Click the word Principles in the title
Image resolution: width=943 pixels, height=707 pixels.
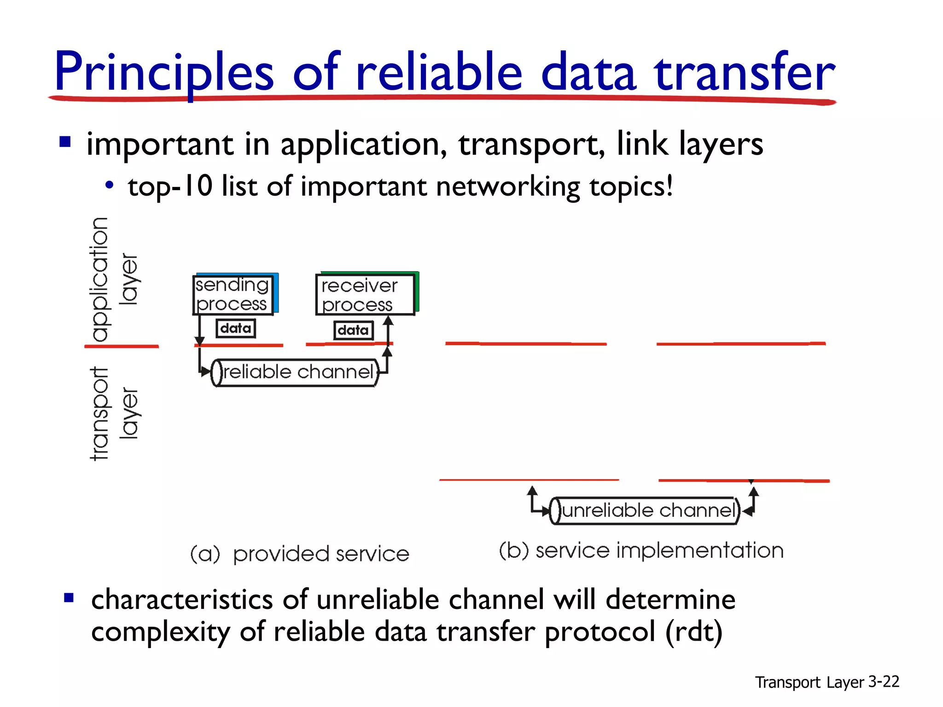(x=164, y=73)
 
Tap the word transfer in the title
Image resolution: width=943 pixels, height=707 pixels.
(x=744, y=73)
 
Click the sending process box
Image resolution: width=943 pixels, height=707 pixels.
(x=233, y=295)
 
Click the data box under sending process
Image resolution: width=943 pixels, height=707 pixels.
(x=236, y=329)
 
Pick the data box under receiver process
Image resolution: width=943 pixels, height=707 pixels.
(x=353, y=330)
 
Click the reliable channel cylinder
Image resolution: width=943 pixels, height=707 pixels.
(x=295, y=372)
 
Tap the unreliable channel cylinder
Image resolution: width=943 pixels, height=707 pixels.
(x=645, y=510)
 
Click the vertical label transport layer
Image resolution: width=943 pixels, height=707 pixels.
(x=113, y=413)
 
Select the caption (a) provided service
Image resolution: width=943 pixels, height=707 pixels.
(x=299, y=554)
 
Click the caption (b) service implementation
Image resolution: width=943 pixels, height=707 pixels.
(x=641, y=551)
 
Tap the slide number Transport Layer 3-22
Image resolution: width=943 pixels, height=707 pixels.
(x=827, y=682)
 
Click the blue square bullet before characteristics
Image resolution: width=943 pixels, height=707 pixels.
(x=69, y=598)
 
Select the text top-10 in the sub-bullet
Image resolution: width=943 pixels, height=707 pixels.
(x=170, y=186)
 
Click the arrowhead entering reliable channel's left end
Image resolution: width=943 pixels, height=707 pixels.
(x=206, y=372)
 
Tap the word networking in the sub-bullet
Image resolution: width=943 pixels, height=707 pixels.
(x=508, y=186)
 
